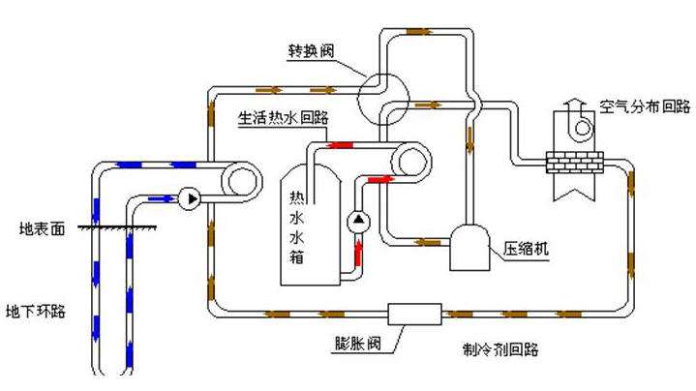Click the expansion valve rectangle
tap(414, 314)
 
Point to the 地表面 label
tap(42, 231)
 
